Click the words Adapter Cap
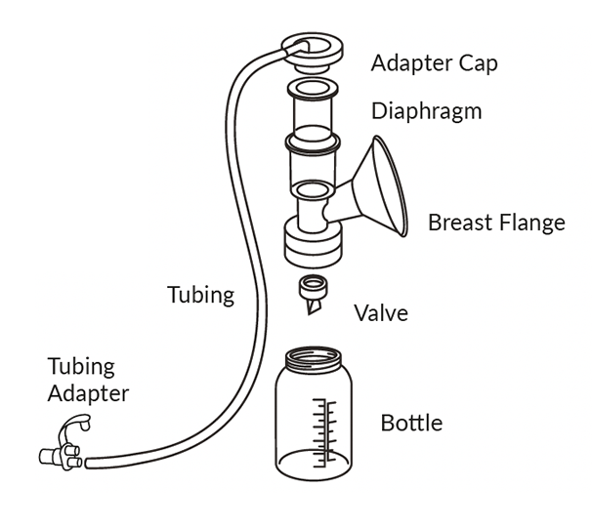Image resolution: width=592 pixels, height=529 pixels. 434,63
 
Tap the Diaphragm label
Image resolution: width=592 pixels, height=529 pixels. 426,110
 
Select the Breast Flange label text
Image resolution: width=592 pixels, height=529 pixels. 496,223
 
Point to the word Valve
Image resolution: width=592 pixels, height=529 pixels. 381,313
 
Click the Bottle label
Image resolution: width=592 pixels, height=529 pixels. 411,424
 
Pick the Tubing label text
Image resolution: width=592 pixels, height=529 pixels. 200,295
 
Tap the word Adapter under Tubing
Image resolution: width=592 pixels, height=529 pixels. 88,394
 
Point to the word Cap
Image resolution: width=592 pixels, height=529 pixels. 478,63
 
